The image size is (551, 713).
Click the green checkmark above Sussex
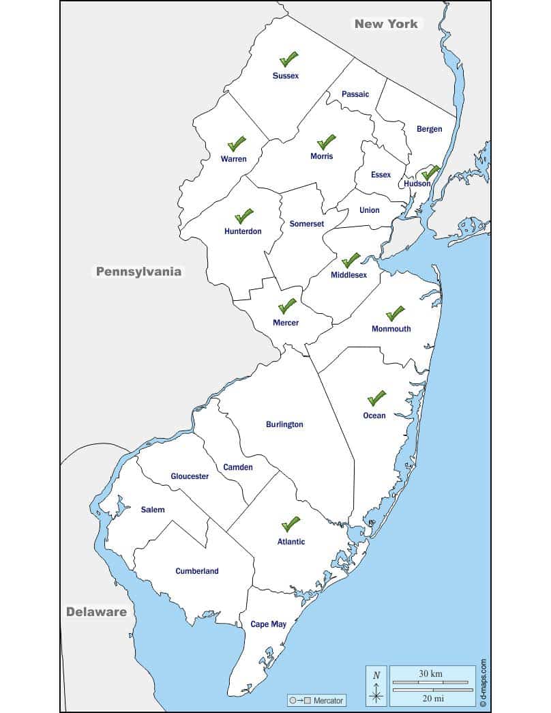pyautogui.click(x=288, y=59)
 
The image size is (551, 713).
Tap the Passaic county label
pyautogui.click(x=355, y=94)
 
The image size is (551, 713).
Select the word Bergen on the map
pyautogui.click(x=430, y=129)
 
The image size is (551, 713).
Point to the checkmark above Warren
pyautogui.click(x=236, y=144)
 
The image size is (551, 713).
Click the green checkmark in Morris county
pyautogui.click(x=326, y=142)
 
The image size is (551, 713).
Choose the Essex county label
pyautogui.click(x=381, y=175)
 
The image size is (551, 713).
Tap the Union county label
pyautogui.click(x=370, y=210)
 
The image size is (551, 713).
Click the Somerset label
pyautogui.click(x=307, y=224)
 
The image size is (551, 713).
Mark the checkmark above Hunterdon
pyautogui.click(x=244, y=216)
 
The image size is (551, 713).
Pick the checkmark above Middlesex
pyautogui.click(x=351, y=260)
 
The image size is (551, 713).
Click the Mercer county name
pyautogui.click(x=286, y=323)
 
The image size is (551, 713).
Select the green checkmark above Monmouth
pyautogui.click(x=395, y=314)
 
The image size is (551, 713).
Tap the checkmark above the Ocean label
pyautogui.click(x=376, y=398)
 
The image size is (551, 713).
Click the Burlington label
pyautogui.click(x=284, y=424)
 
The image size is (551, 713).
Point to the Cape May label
pyautogui.click(x=269, y=624)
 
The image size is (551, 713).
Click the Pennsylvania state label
pyautogui.click(x=138, y=272)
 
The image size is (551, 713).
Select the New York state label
pyautogui.click(x=386, y=24)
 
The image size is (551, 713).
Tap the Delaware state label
pyautogui.click(x=96, y=611)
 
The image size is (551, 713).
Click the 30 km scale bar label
pyautogui.click(x=431, y=674)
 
